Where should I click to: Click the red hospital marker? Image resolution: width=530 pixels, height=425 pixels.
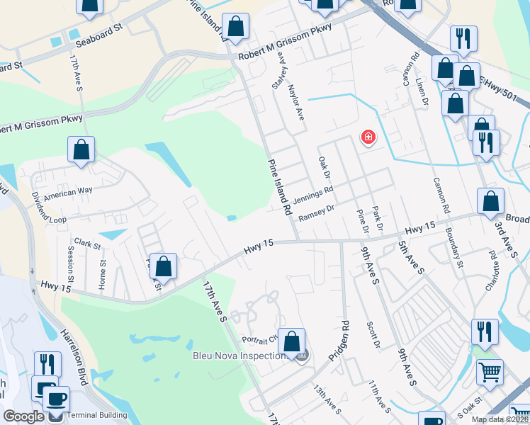tap(368, 137)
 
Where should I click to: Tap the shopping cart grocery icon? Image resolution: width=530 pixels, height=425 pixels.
tap(490, 372)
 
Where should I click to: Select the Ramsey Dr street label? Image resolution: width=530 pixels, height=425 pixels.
tap(315, 212)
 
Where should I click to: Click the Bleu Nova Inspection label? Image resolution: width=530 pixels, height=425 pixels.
tap(238, 356)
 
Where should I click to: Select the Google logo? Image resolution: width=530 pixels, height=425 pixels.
tap(23, 416)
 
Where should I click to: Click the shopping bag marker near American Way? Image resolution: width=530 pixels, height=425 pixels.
tap(81, 149)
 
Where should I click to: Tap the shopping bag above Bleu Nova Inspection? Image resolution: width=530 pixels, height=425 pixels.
tap(291, 341)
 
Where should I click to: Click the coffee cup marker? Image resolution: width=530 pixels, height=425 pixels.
tap(57, 398)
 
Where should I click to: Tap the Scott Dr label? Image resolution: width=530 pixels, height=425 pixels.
tap(373, 335)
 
